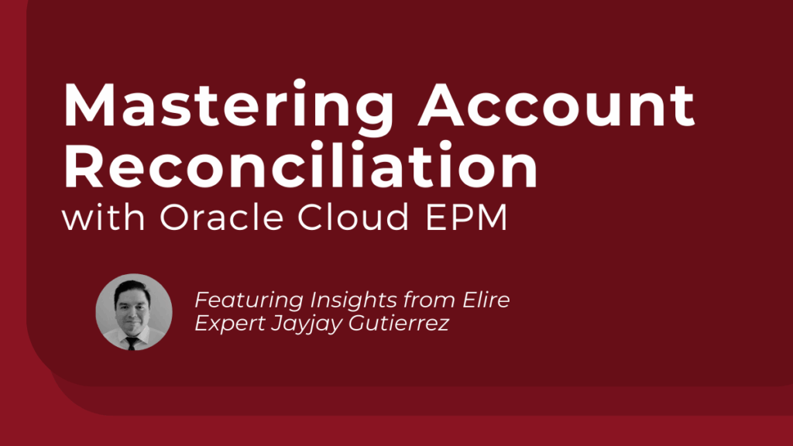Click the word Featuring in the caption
tap(237, 300)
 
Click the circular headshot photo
tap(134, 312)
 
